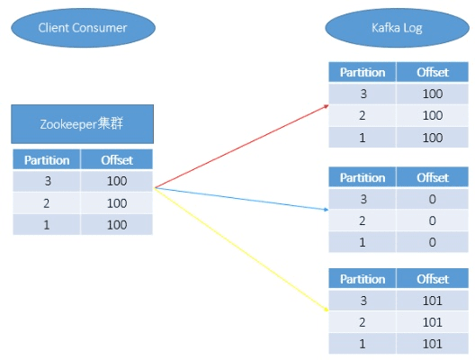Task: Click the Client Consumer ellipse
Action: [x=82, y=29]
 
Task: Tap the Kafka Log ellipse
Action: [x=372, y=29]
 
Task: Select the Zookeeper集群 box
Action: [x=82, y=124]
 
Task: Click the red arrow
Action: [x=243, y=145]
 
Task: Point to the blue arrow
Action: [x=243, y=199]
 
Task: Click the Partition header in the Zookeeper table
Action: [x=47, y=160]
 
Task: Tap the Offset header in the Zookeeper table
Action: [x=117, y=160]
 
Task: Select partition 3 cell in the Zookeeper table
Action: [x=47, y=181]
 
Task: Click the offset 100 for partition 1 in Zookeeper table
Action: [x=117, y=224]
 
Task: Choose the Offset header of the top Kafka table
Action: [x=433, y=73]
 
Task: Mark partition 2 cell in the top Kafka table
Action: [x=363, y=115]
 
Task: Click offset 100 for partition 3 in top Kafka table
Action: [x=433, y=94]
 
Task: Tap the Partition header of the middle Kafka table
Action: [x=363, y=177]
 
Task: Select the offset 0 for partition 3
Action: [x=433, y=199]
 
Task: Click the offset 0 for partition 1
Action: [x=433, y=241]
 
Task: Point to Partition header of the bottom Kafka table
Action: [x=363, y=279]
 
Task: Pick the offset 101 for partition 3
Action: [x=433, y=300]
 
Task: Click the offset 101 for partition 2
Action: [x=433, y=321]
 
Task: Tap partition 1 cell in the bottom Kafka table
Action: [x=363, y=343]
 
